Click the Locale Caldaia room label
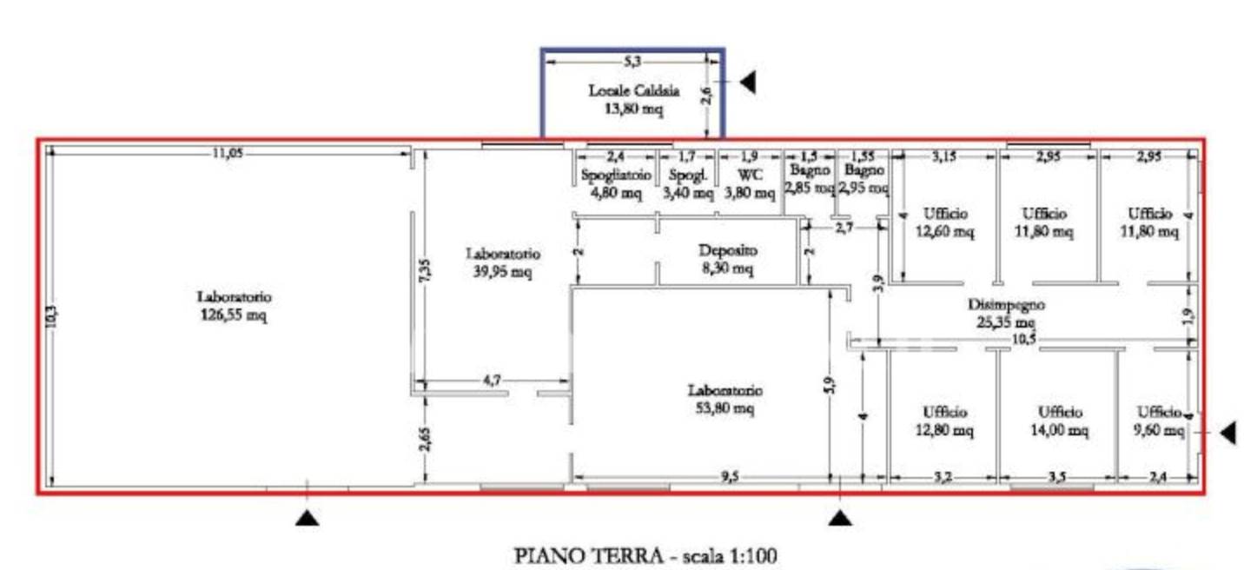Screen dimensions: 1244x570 pyautogui.click(x=633, y=90)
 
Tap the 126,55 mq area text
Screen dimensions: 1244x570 pyautogui.click(x=234, y=315)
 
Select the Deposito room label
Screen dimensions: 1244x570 pyautogui.click(x=727, y=250)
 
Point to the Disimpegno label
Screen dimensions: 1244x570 pyautogui.click(x=1006, y=304)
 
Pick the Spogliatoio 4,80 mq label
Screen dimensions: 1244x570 pyautogui.click(x=616, y=184)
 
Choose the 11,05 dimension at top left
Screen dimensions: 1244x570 pyautogui.click(x=228, y=153)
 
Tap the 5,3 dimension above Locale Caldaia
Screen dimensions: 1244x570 pyautogui.click(x=632, y=61)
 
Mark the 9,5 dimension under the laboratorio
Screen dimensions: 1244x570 pyautogui.click(x=730, y=477)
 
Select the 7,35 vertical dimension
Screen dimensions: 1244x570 pyautogui.click(x=425, y=270)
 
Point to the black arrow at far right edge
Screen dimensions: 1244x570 pyautogui.click(x=1228, y=433)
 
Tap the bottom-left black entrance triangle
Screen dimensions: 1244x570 pyautogui.click(x=308, y=519)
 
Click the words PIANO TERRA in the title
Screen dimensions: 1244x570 pyautogui.click(x=589, y=556)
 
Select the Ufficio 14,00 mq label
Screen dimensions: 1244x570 pyautogui.click(x=1060, y=421)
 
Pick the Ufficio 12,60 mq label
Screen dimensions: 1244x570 pyautogui.click(x=944, y=222)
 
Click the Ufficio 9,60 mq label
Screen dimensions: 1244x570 pyautogui.click(x=1159, y=421)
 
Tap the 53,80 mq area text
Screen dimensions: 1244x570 pyautogui.click(x=725, y=409)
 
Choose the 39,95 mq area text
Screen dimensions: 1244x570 pyautogui.click(x=503, y=272)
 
